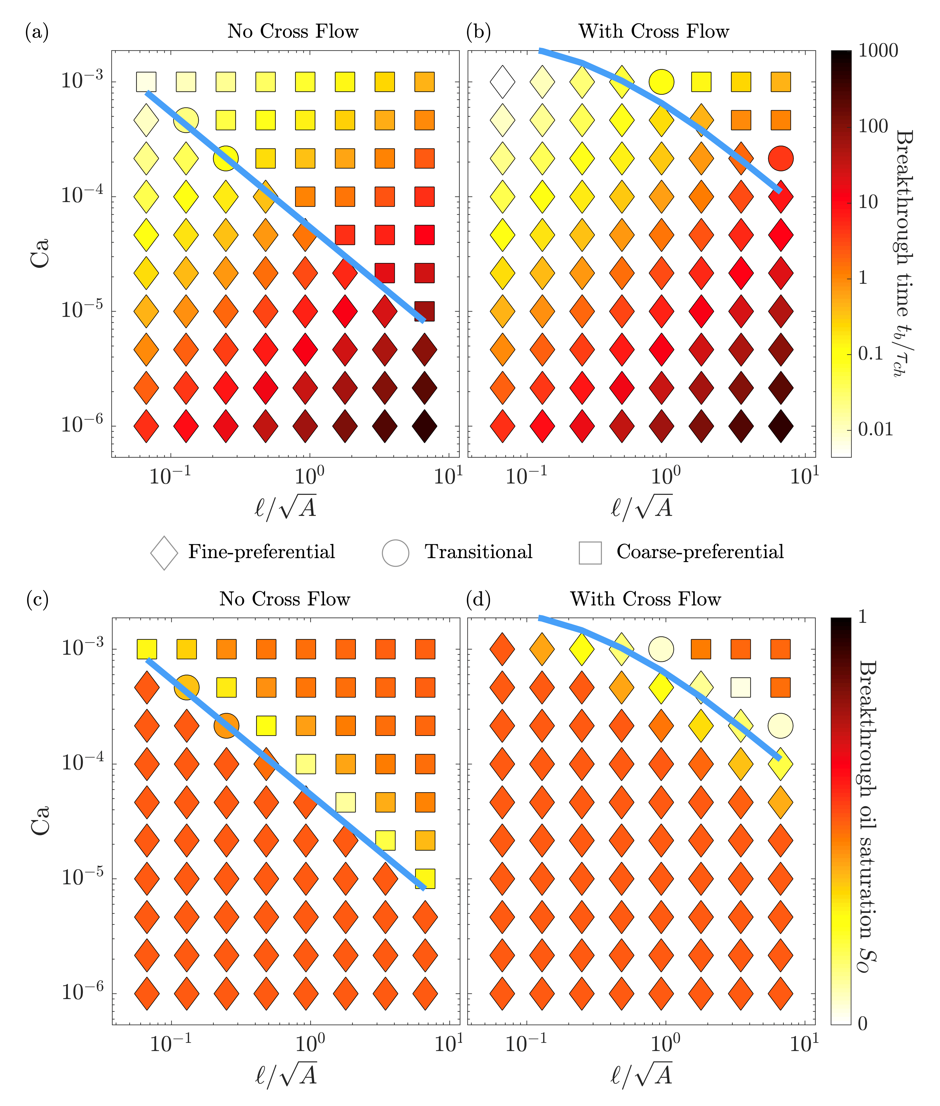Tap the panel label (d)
(x=478, y=600)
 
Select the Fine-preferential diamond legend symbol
(x=164, y=553)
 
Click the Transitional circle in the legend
(x=395, y=553)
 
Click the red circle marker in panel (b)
(x=781, y=158)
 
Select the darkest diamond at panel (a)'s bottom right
(x=425, y=426)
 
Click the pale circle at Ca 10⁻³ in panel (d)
(x=661, y=649)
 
